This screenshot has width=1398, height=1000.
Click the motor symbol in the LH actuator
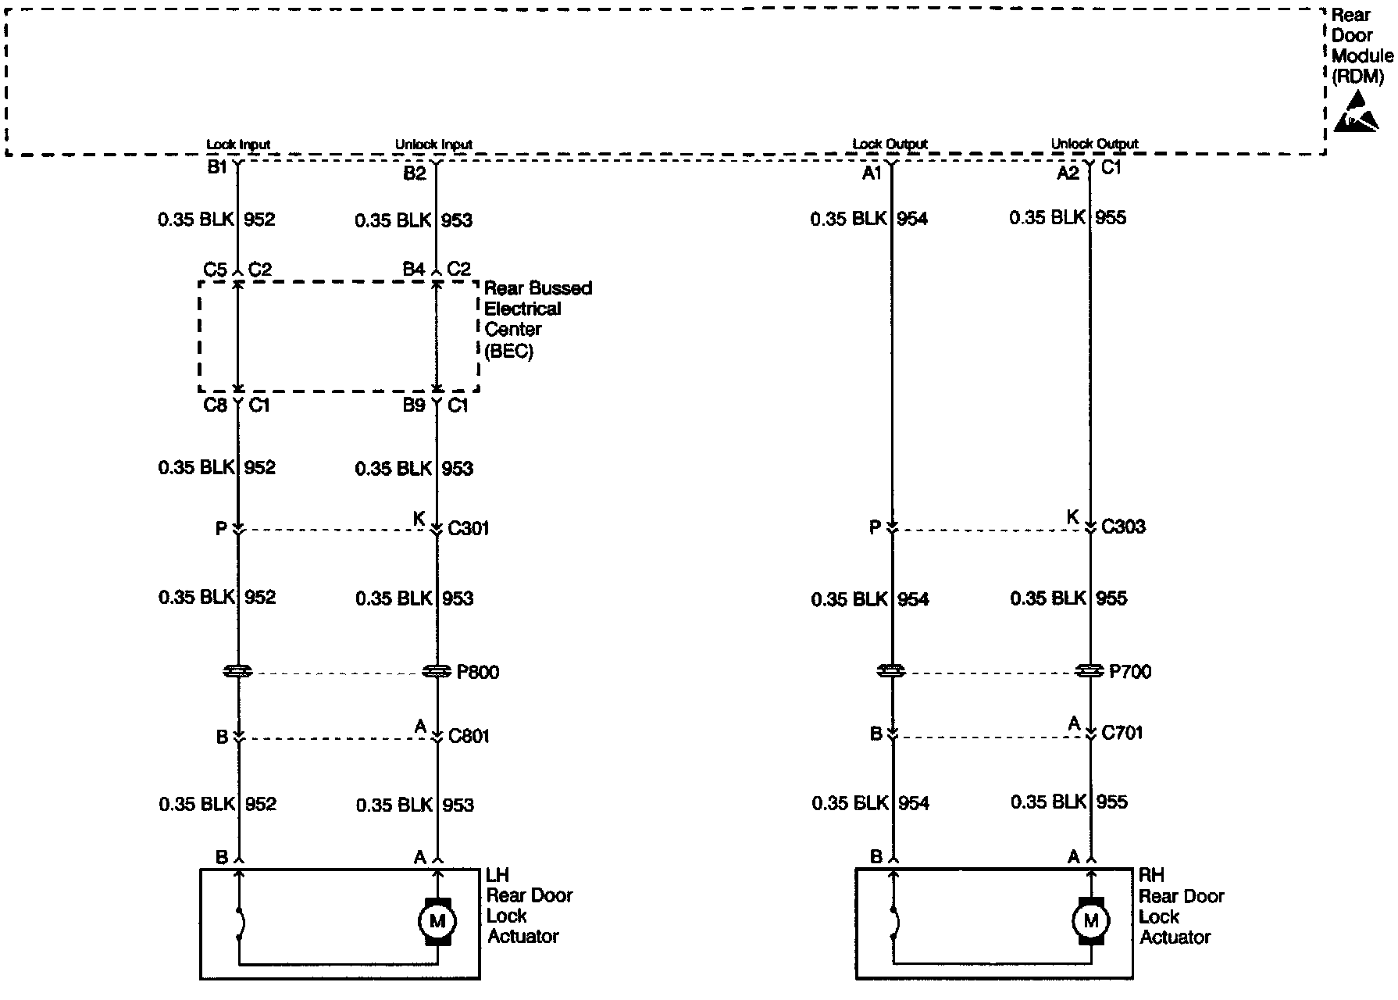click(x=437, y=921)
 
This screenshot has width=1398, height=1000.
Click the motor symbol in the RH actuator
click(x=1090, y=921)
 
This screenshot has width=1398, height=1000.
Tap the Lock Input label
click(x=238, y=145)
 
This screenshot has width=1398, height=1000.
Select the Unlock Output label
click(x=1094, y=144)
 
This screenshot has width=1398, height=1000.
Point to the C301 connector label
click(x=469, y=529)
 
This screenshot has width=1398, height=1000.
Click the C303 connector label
click(x=1123, y=527)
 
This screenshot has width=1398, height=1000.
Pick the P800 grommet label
click(x=477, y=672)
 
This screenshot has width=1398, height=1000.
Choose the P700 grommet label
click(x=1130, y=672)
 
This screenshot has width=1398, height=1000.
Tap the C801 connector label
click(x=469, y=736)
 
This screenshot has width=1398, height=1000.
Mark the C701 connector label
click(x=1122, y=734)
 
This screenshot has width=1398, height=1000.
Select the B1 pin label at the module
click(x=216, y=167)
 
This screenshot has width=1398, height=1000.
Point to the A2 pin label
click(x=1068, y=173)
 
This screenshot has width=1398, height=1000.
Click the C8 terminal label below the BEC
click(x=215, y=405)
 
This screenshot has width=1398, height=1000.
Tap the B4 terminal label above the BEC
click(x=413, y=270)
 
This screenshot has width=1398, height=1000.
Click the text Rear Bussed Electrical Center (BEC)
click(x=537, y=320)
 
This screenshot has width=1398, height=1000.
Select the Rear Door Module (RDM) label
click(x=1361, y=45)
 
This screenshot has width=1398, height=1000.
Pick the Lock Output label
click(x=890, y=144)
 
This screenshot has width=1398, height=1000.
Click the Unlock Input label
click(x=433, y=145)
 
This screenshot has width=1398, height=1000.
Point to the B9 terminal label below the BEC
click(x=414, y=405)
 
